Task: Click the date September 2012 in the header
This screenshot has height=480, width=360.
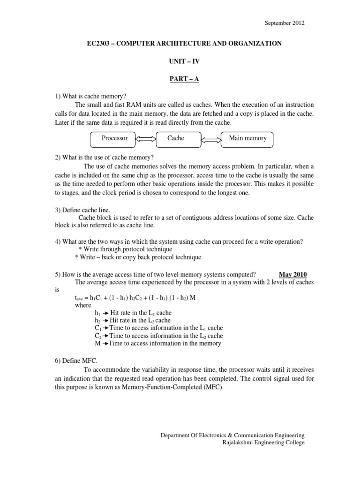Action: coord(285,22)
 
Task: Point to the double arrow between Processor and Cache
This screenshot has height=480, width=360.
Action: coord(146,139)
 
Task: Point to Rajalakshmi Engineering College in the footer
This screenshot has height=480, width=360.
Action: coord(263,442)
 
